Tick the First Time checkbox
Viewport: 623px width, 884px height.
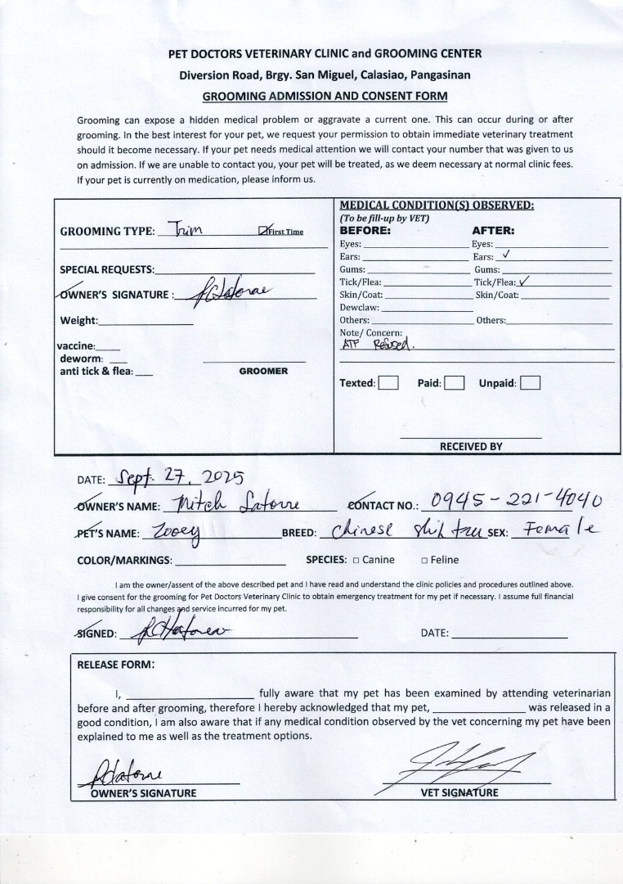(262, 232)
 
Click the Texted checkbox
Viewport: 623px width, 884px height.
(389, 383)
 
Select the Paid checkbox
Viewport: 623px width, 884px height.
(455, 383)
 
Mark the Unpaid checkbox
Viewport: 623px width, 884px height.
(530, 383)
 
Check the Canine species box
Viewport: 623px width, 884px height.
(356, 561)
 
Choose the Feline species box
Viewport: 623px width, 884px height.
(424, 561)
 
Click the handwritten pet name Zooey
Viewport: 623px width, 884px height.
(173, 531)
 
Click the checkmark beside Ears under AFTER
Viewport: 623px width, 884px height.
(507, 255)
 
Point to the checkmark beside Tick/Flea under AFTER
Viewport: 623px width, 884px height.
(525, 281)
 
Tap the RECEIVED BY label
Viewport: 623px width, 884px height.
(471, 447)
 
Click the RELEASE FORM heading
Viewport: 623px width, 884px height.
(115, 665)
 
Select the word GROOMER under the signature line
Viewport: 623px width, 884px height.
(263, 372)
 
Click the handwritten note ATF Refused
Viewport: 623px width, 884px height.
(378, 345)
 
